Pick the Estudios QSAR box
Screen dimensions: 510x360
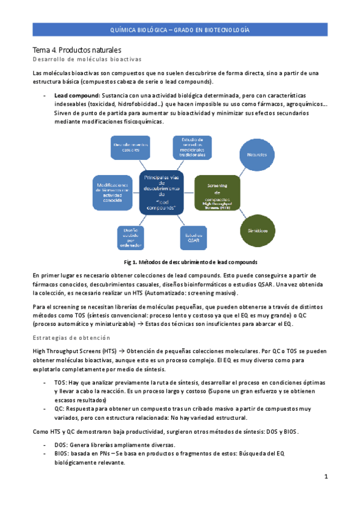coord(192,239)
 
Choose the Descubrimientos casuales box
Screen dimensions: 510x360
coord(130,147)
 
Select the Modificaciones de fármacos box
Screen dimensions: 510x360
coord(111,192)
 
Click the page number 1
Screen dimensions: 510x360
coord(325,477)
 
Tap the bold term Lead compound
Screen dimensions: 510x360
coord(76,96)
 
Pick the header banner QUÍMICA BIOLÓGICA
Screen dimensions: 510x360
coord(180,29)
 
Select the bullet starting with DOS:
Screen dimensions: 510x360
coord(114,444)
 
